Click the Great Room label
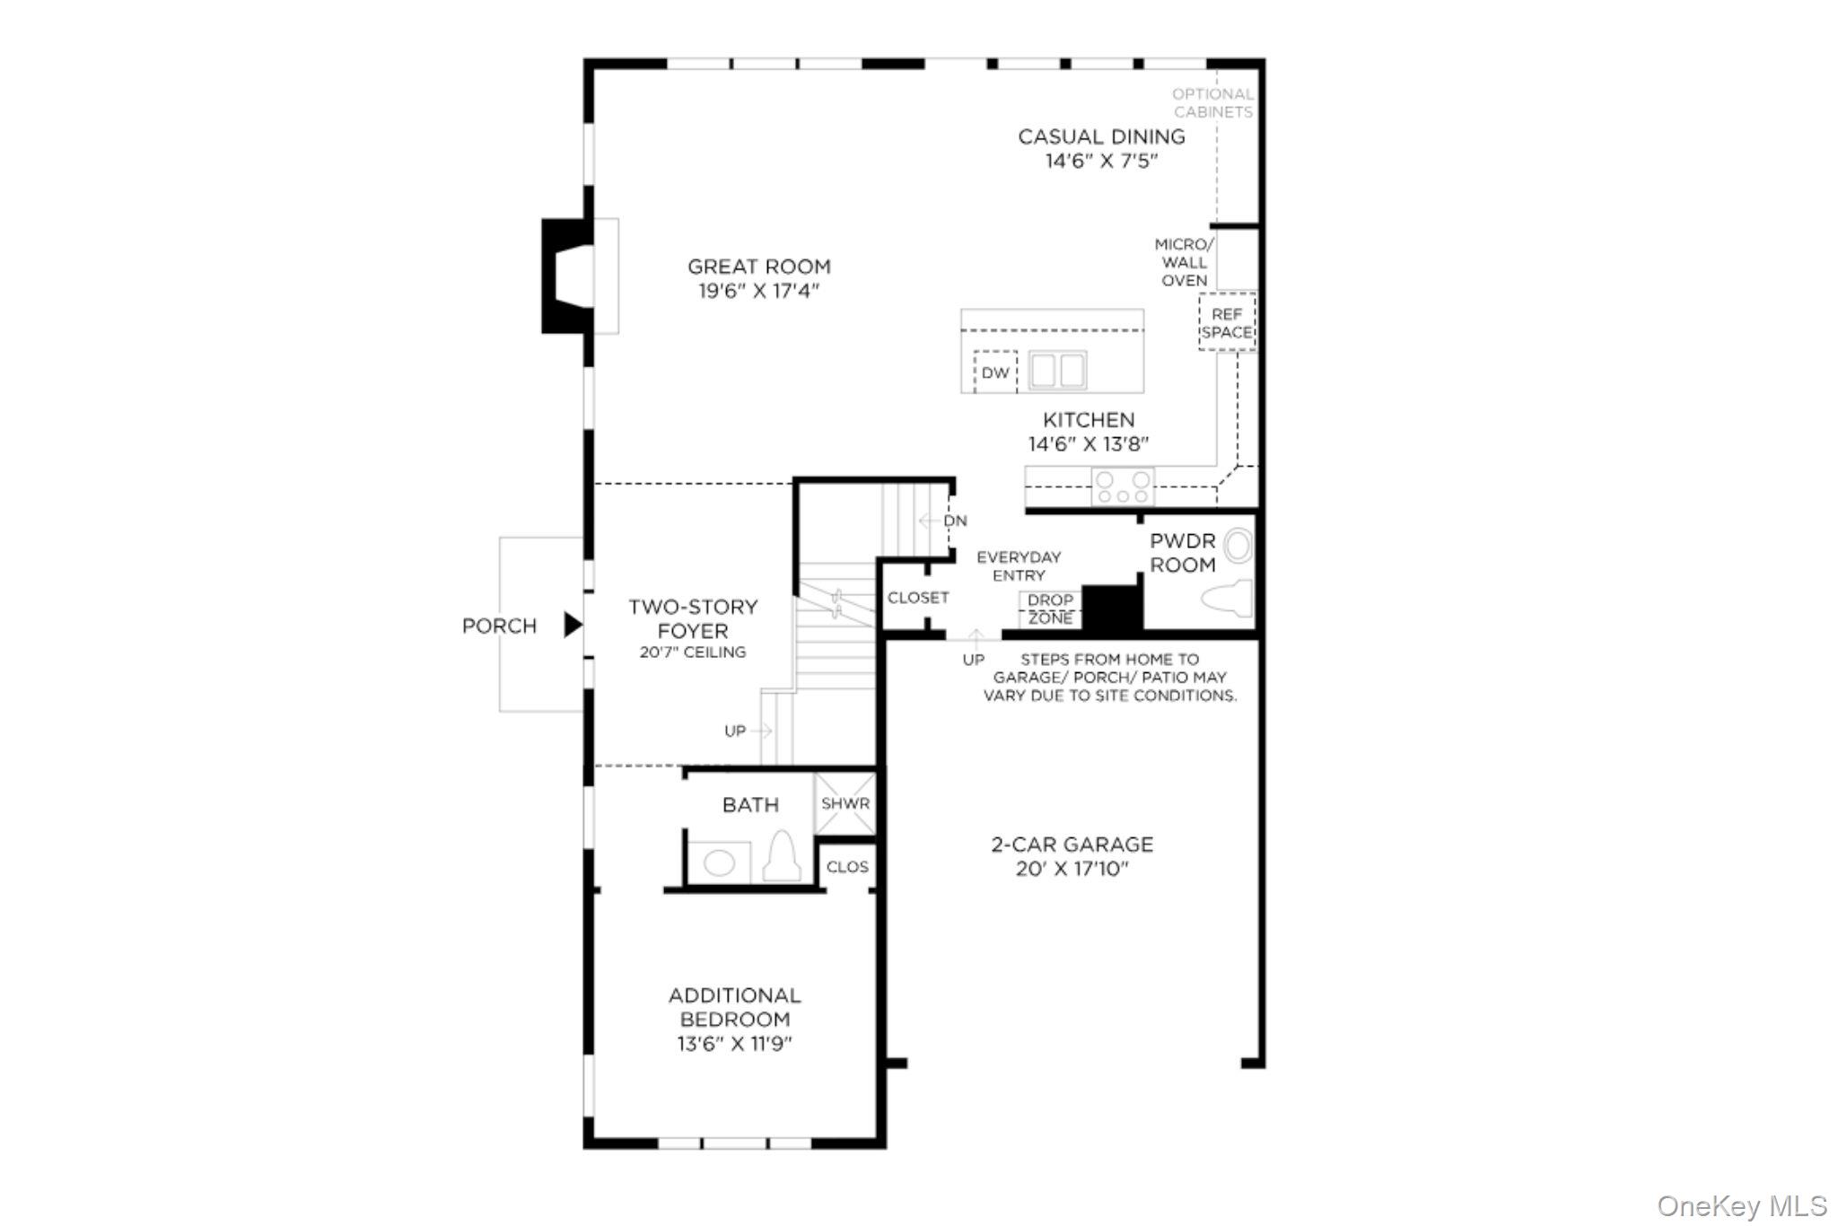(759, 267)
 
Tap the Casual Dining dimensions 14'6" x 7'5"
(1101, 162)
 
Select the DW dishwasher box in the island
(994, 372)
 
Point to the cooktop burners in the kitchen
(1123, 487)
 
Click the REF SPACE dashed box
(1227, 323)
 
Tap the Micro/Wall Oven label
(1184, 262)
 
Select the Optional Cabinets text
(1212, 103)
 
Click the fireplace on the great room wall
(568, 276)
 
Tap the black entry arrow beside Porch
(572, 625)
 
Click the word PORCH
(499, 626)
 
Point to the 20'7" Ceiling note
(692, 652)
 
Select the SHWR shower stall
(845, 803)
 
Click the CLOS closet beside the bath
(847, 867)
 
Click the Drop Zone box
(1050, 609)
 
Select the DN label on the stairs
(955, 521)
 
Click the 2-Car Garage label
(1072, 845)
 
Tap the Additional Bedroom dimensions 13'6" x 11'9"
(734, 1044)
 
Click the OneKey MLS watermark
(1741, 1205)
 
